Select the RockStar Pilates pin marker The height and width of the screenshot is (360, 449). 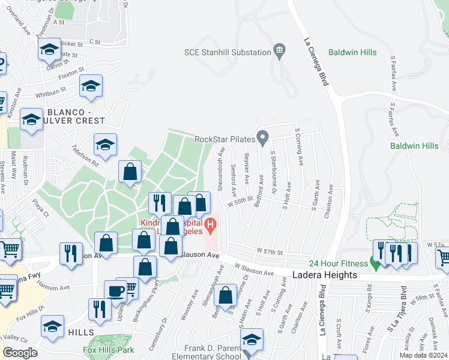[x=263, y=139]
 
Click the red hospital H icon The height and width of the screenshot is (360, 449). [x=210, y=226]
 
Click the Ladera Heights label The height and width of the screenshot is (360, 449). [x=325, y=275]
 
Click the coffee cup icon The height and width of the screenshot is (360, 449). [x=116, y=291]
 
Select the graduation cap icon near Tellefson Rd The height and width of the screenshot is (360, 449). [x=105, y=145]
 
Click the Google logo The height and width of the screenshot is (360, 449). [x=20, y=353]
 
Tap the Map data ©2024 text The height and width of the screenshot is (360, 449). [x=423, y=355]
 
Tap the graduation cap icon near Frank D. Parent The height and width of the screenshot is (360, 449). [x=252, y=340]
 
